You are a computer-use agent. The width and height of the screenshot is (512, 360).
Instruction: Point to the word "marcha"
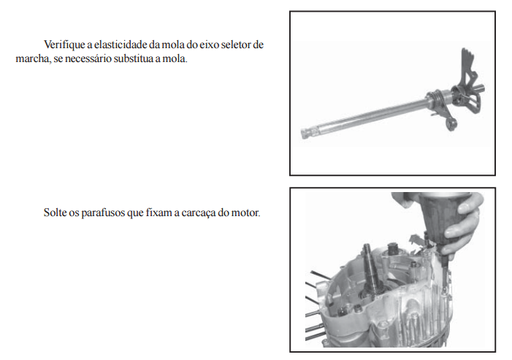(x=33, y=58)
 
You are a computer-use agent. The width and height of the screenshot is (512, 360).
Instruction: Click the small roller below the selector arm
(x=452, y=124)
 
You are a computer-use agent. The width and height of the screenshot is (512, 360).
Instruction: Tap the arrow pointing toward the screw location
(x=416, y=239)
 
